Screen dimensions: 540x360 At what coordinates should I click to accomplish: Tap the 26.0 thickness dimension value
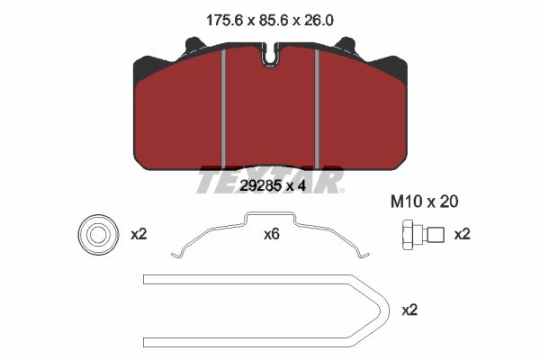[319, 21]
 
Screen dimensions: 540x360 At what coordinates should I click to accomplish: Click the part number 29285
[259, 186]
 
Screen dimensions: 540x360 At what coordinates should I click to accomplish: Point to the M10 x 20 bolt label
[424, 202]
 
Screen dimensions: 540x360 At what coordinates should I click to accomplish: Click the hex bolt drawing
[423, 234]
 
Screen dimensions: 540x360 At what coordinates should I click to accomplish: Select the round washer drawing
[98, 235]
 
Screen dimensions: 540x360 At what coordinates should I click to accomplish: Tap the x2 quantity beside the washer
[139, 235]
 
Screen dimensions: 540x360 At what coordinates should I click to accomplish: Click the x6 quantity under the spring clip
[272, 235]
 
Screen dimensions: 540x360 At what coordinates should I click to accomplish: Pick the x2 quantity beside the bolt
[463, 235]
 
